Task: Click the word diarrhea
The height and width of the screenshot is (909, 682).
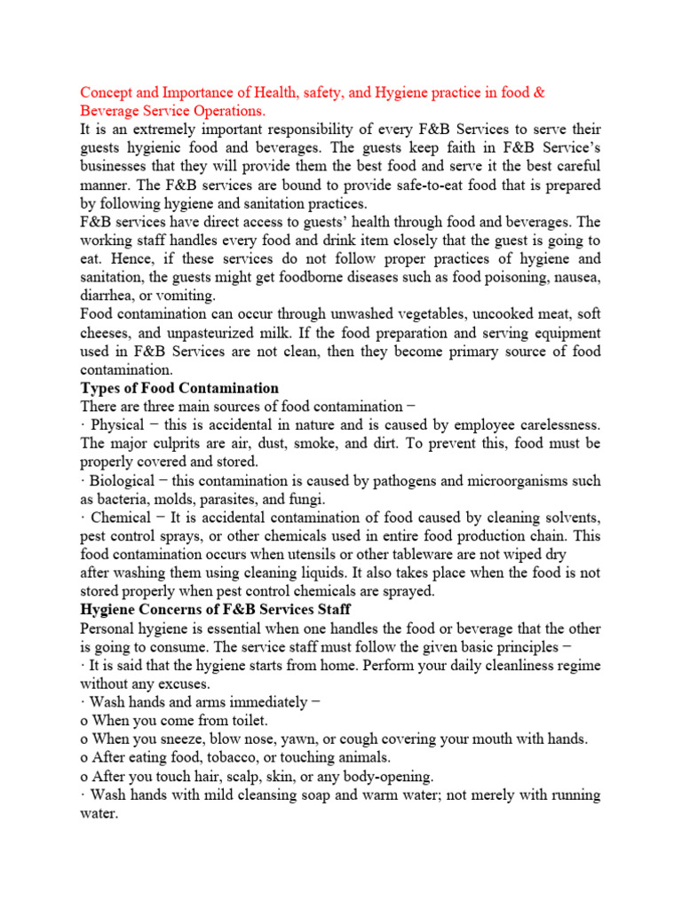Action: (x=107, y=296)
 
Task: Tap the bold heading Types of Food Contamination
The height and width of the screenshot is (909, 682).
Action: (x=179, y=388)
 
